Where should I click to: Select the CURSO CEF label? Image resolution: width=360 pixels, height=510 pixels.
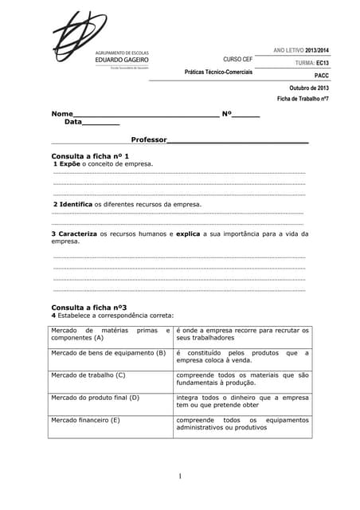point(237,60)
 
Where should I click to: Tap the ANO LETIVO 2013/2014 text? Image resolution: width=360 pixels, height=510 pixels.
point(301,51)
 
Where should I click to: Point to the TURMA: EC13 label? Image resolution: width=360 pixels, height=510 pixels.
point(311,62)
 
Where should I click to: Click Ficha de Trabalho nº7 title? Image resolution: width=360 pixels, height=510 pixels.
point(303,99)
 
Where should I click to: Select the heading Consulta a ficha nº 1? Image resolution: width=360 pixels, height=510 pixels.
point(90,155)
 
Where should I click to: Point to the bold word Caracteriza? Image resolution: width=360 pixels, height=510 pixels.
point(78,233)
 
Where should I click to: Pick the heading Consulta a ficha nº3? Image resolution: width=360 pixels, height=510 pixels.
point(88,307)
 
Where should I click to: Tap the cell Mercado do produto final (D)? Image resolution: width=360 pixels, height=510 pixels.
point(95,397)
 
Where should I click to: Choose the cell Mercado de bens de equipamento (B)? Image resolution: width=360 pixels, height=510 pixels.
point(108,352)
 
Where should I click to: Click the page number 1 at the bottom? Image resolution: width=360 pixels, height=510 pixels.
point(180,477)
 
